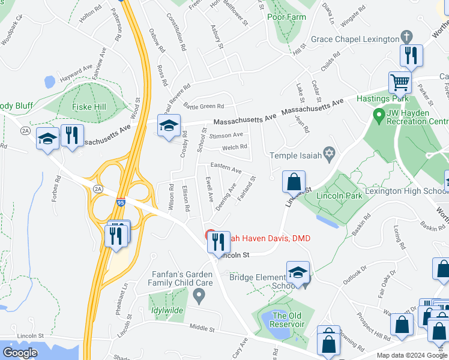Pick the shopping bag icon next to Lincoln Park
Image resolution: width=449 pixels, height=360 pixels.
pyautogui.click(x=294, y=181)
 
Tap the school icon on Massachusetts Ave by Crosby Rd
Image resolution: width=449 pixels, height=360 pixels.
pyautogui.click(x=169, y=125)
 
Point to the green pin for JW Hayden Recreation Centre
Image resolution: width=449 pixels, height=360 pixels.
pyautogui.click(x=378, y=113)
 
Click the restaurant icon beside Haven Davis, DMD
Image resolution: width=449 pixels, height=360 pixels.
pyautogui.click(x=219, y=241)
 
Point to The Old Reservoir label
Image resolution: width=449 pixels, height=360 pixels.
pyautogui.click(x=289, y=320)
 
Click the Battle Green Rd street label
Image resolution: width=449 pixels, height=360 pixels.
pyautogui.click(x=204, y=106)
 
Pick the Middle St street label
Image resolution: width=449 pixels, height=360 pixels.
pyautogui.click(x=202, y=329)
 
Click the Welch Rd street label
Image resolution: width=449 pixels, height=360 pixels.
pyautogui.click(x=235, y=147)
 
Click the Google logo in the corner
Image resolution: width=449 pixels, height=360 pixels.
pyautogui.click(x=21, y=352)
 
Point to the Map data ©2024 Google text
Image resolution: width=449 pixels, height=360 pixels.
pyautogui.click(x=411, y=355)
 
